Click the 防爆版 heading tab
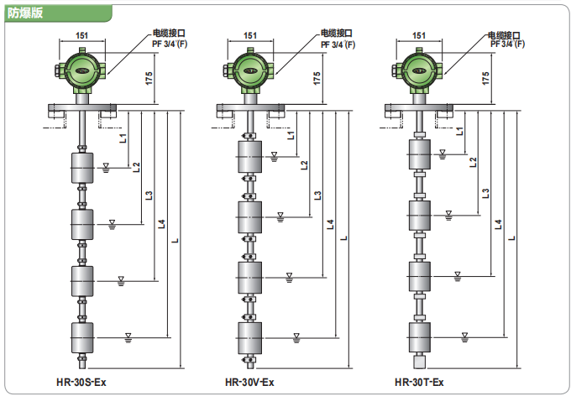25,13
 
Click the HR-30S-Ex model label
81,383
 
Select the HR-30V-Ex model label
249,383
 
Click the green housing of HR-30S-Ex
81,68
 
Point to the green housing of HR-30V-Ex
249,68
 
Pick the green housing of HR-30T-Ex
417,68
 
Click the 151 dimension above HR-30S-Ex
81,35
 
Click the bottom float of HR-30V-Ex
249,337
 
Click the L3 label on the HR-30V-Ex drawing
317,195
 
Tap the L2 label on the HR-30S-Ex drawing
136,166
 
